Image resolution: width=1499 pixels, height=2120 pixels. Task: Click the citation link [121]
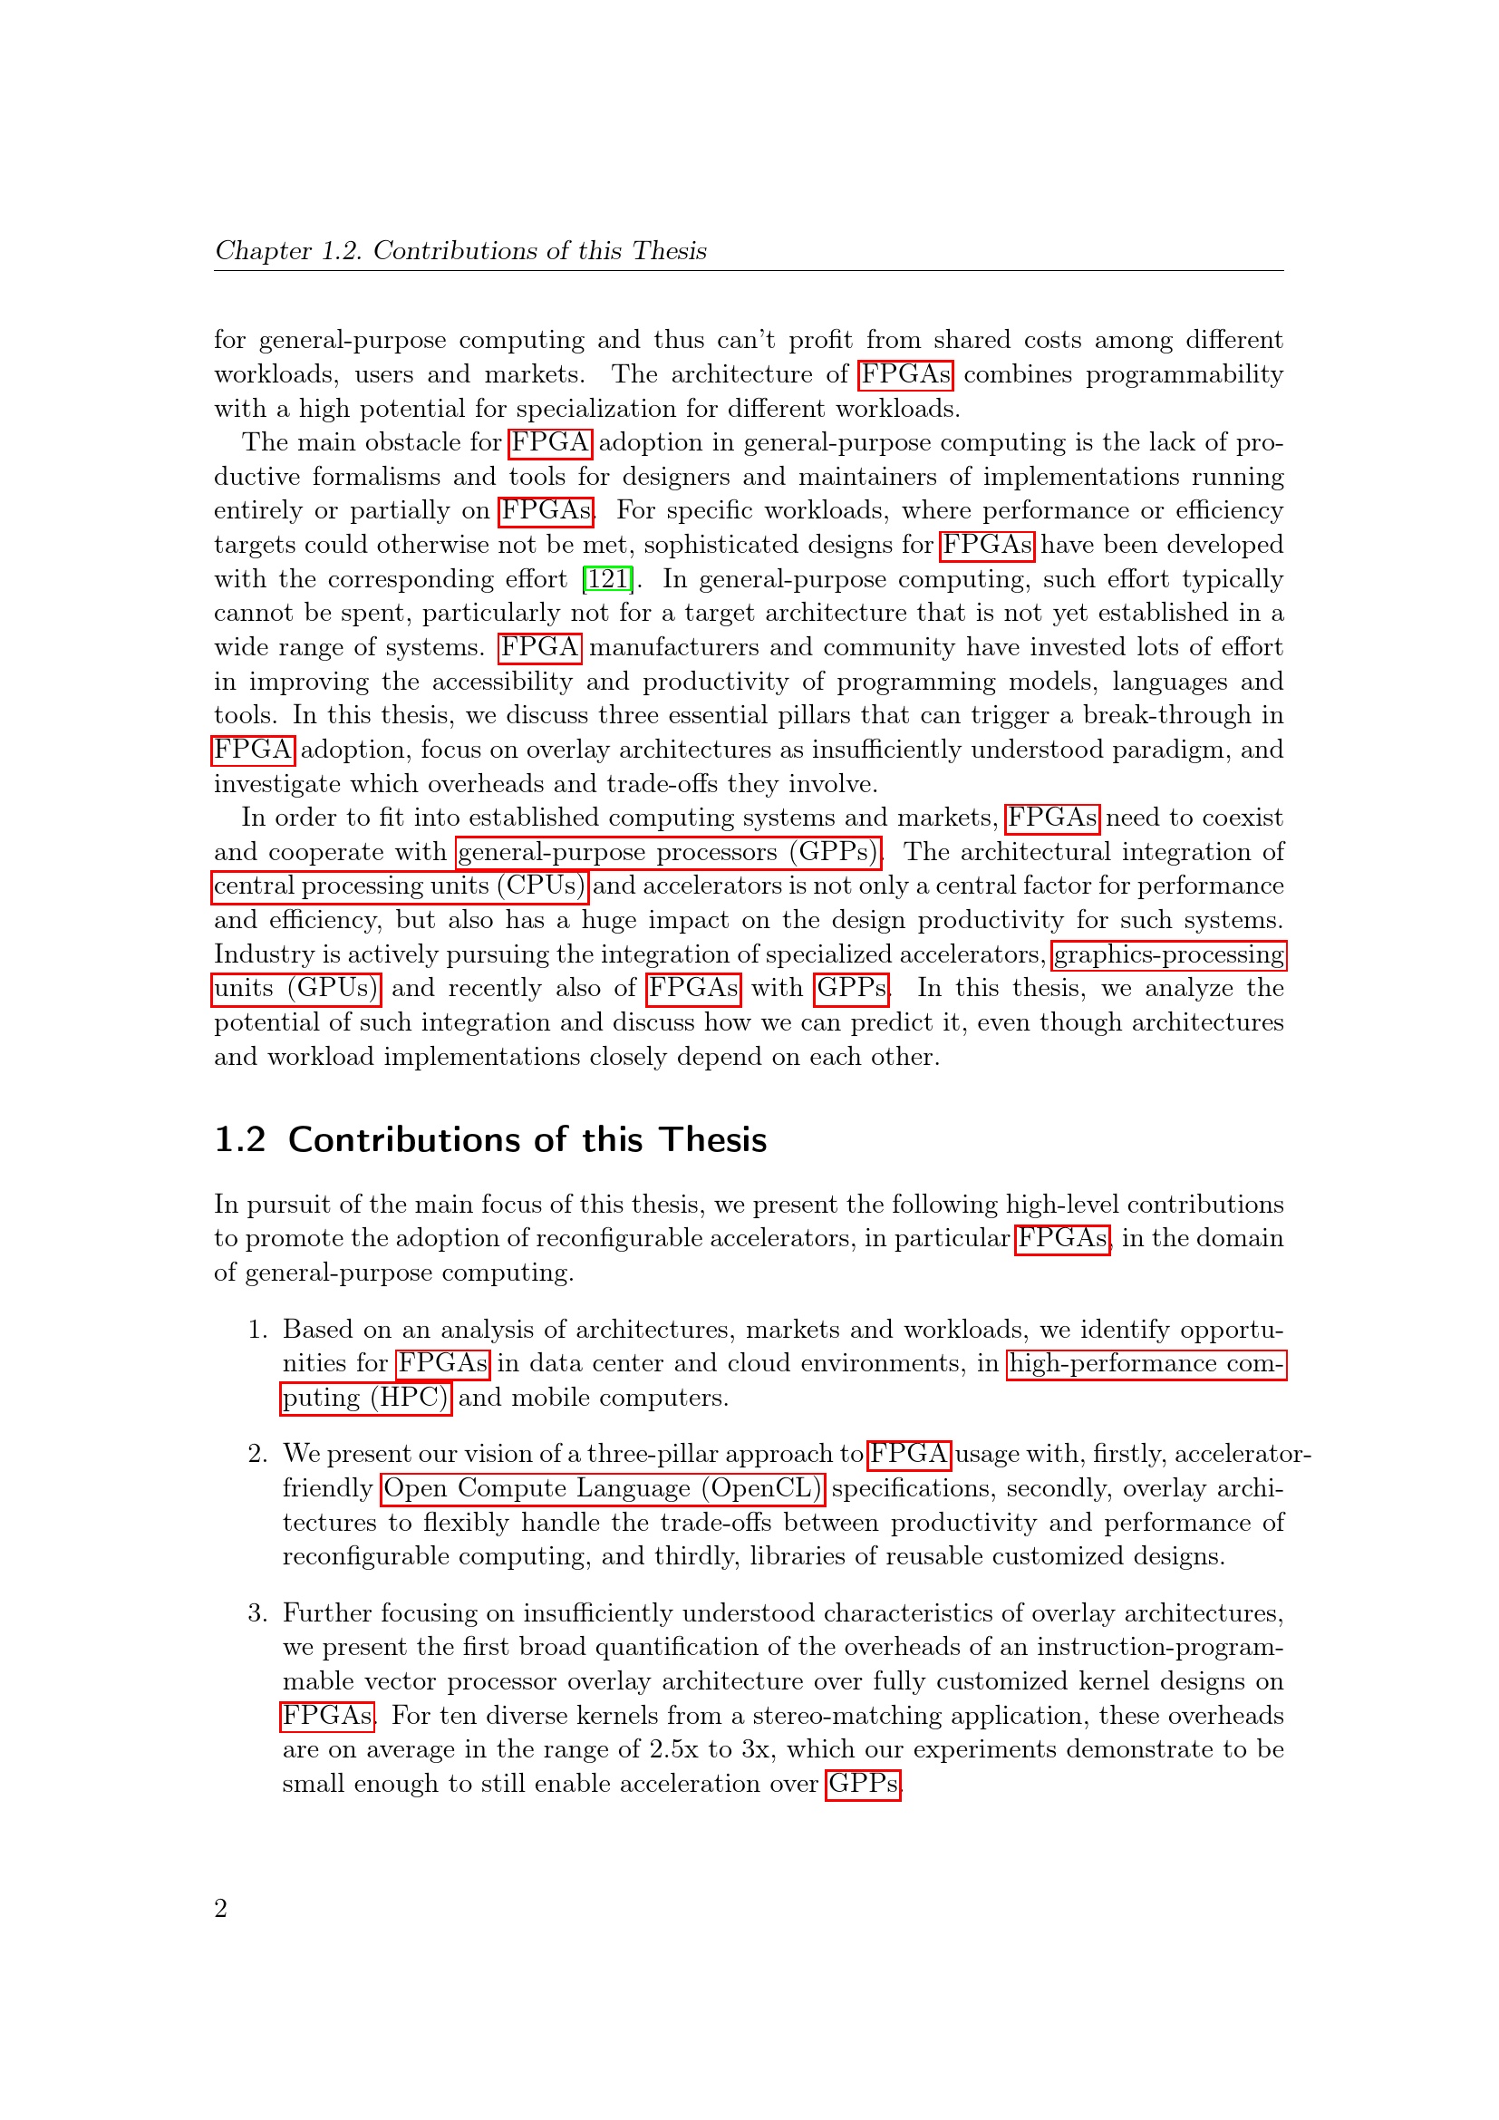coord(607,579)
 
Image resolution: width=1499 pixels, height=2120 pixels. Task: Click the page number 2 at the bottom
coord(220,1907)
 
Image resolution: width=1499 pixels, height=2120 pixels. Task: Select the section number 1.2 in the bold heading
coord(240,1140)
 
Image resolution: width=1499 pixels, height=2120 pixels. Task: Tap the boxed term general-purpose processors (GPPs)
coord(668,851)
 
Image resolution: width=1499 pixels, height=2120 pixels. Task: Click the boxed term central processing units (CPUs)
coord(399,886)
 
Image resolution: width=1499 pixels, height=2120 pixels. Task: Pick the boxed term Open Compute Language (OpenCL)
coord(602,1487)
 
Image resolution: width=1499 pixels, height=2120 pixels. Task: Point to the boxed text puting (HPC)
coord(365,1397)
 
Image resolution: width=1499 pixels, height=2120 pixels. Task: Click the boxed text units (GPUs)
coord(296,988)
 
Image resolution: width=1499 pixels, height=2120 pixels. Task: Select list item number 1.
coord(257,1330)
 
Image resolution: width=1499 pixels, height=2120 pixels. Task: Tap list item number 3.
coord(257,1613)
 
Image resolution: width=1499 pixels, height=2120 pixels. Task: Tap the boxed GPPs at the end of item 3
coord(862,1784)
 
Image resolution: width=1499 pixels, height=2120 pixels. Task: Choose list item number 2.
coord(257,1454)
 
